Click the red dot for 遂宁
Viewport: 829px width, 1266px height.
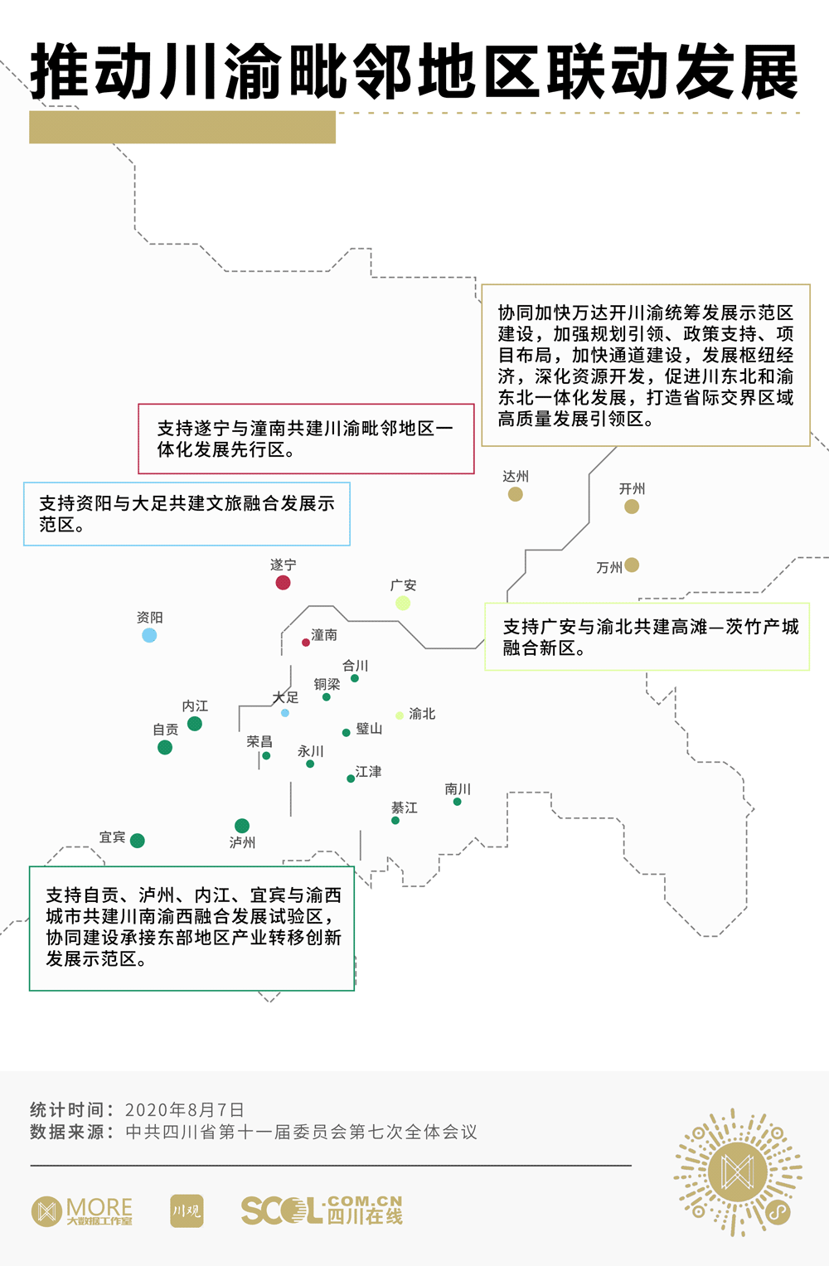point(283,582)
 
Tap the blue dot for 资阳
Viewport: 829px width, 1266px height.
point(149,635)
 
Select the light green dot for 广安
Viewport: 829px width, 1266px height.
point(403,603)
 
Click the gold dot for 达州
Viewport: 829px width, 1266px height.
point(516,494)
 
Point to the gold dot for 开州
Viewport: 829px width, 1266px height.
point(632,507)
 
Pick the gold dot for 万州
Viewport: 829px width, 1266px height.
point(632,565)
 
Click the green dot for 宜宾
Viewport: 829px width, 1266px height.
point(138,841)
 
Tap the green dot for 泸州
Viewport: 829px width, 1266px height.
point(242,826)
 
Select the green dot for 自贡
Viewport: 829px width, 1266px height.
point(165,747)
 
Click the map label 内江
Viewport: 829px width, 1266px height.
point(195,706)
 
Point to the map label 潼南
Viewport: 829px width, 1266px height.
point(324,635)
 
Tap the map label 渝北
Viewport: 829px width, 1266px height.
point(422,714)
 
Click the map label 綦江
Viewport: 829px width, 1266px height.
point(405,808)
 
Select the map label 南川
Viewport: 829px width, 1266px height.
point(458,788)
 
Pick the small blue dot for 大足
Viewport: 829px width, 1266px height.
point(285,713)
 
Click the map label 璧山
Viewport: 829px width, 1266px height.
point(369,729)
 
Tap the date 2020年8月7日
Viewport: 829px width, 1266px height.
point(184,1110)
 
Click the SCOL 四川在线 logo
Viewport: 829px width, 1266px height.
point(322,1211)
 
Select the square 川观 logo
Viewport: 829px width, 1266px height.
point(187,1211)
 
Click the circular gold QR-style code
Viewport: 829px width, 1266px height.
point(737,1172)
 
